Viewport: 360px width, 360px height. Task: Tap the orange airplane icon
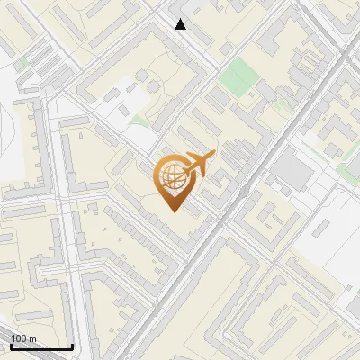[x=197, y=164]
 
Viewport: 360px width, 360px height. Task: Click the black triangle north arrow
[x=181, y=24]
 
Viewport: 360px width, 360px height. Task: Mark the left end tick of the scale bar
[x=11, y=346]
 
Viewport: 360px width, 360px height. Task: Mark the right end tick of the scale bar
[x=72, y=346]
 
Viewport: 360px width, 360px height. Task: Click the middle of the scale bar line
[x=41, y=347]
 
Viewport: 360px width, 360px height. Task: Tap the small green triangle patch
[x=137, y=119]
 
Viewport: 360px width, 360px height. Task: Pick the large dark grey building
[x=290, y=170]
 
